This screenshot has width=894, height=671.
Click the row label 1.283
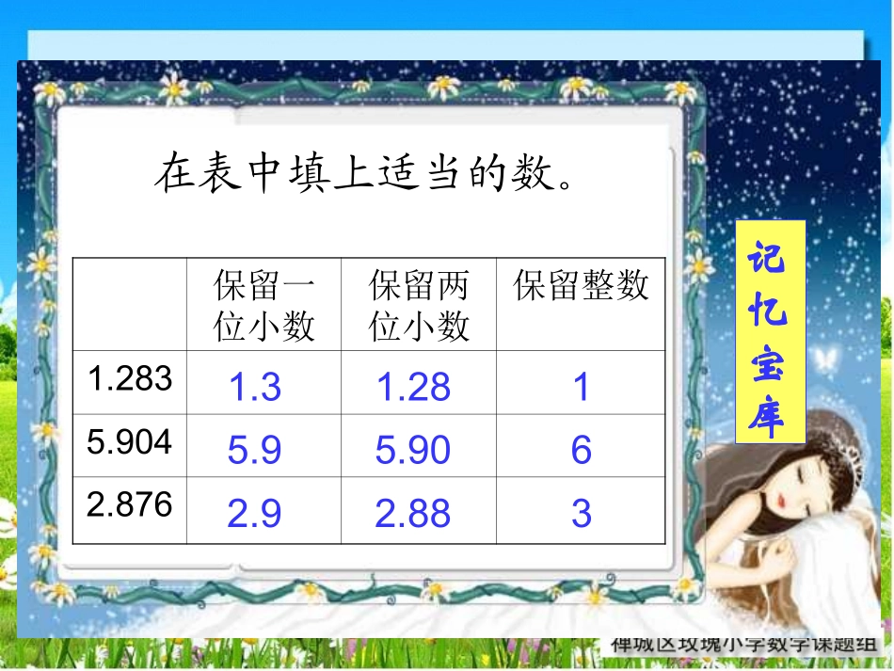click(130, 378)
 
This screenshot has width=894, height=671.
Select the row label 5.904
click(130, 441)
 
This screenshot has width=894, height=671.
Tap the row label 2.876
click(130, 504)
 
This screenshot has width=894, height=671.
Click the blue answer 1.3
click(255, 387)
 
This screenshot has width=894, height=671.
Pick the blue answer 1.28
click(413, 387)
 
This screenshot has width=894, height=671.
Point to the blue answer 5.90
click(413, 451)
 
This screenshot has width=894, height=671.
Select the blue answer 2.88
click(413, 514)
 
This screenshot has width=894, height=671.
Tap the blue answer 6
click(581, 451)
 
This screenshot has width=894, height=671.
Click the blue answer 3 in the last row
click(581, 514)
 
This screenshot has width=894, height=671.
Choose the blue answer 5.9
click(255, 451)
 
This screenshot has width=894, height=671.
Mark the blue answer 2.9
click(255, 514)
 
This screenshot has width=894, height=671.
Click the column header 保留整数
click(582, 285)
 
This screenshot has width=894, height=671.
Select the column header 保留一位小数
click(263, 305)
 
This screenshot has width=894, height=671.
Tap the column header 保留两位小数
click(419, 305)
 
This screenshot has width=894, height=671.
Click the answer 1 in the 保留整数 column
click(582, 387)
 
